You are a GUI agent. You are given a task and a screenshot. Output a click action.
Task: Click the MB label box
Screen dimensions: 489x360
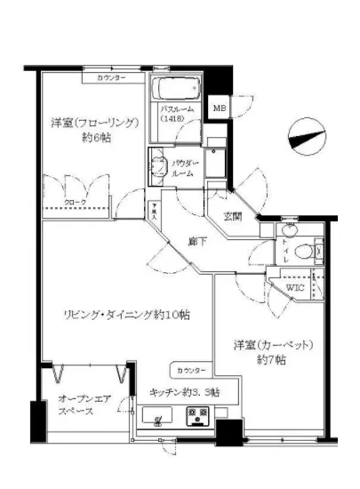[x=219, y=109]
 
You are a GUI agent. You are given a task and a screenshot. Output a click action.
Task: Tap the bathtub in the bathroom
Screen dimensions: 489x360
[x=179, y=91]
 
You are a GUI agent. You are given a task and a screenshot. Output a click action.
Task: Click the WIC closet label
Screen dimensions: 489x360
[x=295, y=288]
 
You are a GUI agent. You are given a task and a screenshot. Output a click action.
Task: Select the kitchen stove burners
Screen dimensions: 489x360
[x=196, y=415]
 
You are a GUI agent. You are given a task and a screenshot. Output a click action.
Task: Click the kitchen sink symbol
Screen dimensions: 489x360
[x=158, y=415]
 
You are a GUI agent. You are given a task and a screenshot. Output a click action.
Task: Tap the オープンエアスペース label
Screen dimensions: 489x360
[x=83, y=407]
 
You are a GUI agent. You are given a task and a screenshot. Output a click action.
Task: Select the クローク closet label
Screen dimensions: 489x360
[x=76, y=203]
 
